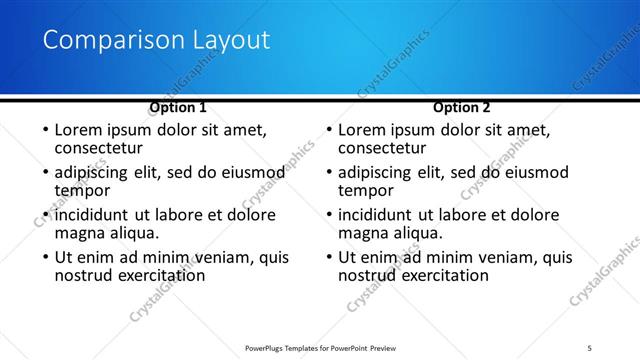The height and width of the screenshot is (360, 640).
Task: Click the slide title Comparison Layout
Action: (157, 40)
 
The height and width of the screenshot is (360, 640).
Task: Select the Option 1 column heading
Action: (178, 107)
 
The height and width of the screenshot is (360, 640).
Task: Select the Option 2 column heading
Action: (462, 107)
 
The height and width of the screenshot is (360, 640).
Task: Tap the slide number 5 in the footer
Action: (590, 348)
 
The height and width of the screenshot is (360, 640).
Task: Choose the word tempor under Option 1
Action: (82, 190)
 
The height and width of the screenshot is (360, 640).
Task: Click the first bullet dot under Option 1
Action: (44, 130)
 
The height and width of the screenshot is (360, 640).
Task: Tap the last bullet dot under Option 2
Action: (328, 257)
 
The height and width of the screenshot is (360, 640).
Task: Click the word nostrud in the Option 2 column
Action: (369, 275)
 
